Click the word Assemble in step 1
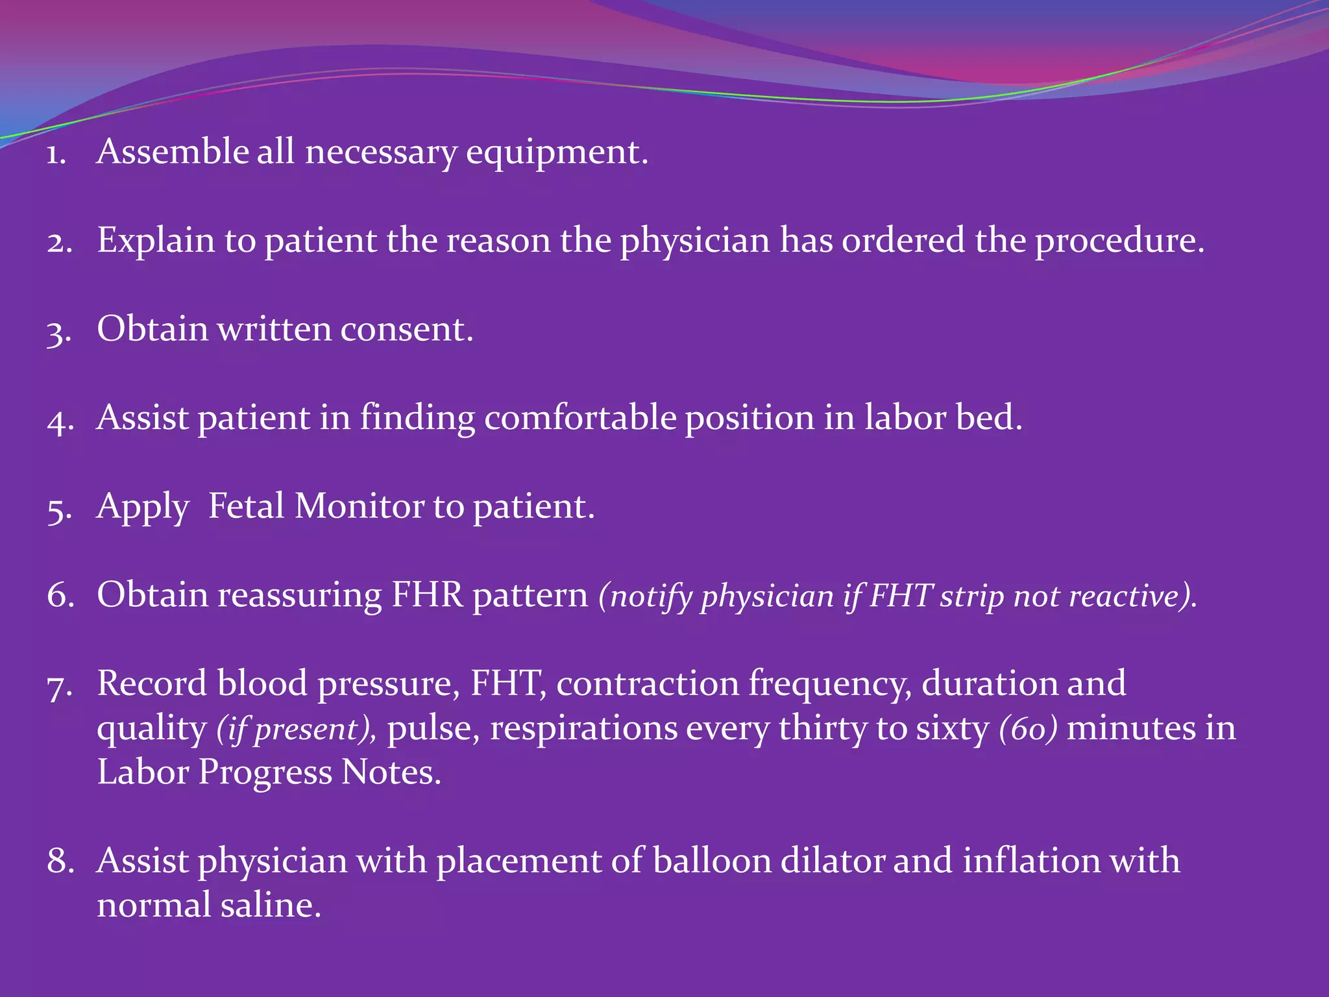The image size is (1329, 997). [x=172, y=152]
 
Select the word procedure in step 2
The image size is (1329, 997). [x=1119, y=241]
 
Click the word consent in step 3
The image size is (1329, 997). [x=406, y=329]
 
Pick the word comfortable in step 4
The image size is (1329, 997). [x=580, y=417]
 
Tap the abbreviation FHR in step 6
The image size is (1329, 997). [x=427, y=595]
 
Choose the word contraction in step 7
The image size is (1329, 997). [x=647, y=684]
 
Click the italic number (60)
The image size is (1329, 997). [x=1028, y=729]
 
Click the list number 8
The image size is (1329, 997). [x=60, y=861]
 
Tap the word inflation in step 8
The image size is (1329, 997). [x=1031, y=861]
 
